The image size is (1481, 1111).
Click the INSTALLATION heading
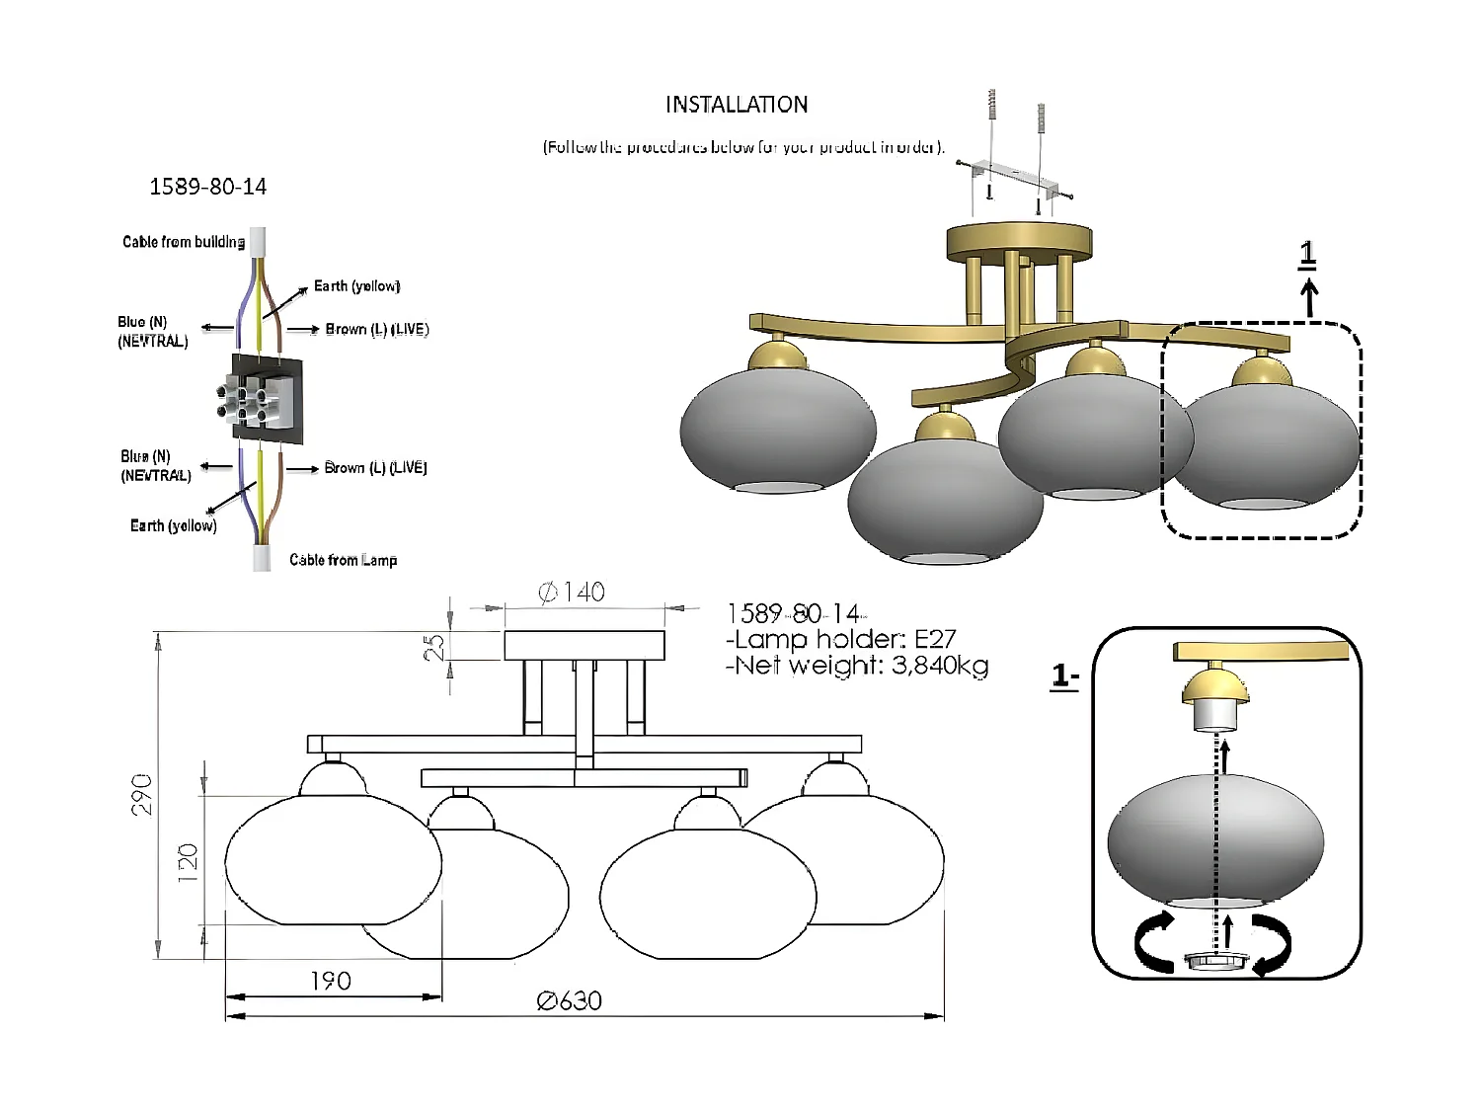tap(737, 105)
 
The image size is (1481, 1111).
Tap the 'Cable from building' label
tap(184, 242)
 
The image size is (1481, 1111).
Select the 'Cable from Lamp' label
tap(343, 560)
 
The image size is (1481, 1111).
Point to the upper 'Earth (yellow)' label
tap(356, 286)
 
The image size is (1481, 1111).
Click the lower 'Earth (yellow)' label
tap(174, 525)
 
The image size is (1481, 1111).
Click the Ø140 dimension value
tap(572, 593)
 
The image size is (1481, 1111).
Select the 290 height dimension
tap(142, 794)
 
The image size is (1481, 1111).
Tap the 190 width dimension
tap(331, 981)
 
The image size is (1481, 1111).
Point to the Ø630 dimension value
tap(570, 1001)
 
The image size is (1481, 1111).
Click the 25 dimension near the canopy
tap(434, 647)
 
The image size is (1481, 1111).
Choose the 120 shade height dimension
tap(188, 862)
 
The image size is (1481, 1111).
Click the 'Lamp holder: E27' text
tap(840, 639)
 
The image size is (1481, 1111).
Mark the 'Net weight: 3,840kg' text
tap(857, 666)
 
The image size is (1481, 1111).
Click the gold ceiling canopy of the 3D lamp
tap(1019, 241)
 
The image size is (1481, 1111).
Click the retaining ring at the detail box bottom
tap(1215, 961)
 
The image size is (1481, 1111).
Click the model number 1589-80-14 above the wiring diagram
tap(207, 187)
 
